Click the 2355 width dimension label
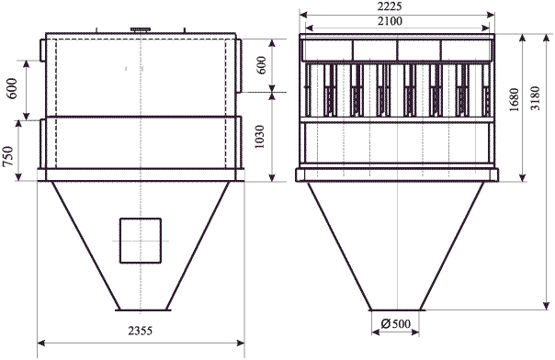pyautogui.click(x=141, y=331)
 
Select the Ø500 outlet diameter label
pyautogui.click(x=396, y=323)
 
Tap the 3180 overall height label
pyautogui.click(x=536, y=98)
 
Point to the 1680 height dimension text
pyautogui.click(x=514, y=100)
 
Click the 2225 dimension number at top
pyautogui.click(x=390, y=6)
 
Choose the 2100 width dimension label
pyautogui.click(x=390, y=21)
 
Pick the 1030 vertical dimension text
pyautogui.click(x=259, y=137)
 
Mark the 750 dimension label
pyautogui.click(x=7, y=156)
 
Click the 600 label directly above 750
pyautogui.click(x=12, y=88)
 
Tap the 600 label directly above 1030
pyautogui.click(x=261, y=65)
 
